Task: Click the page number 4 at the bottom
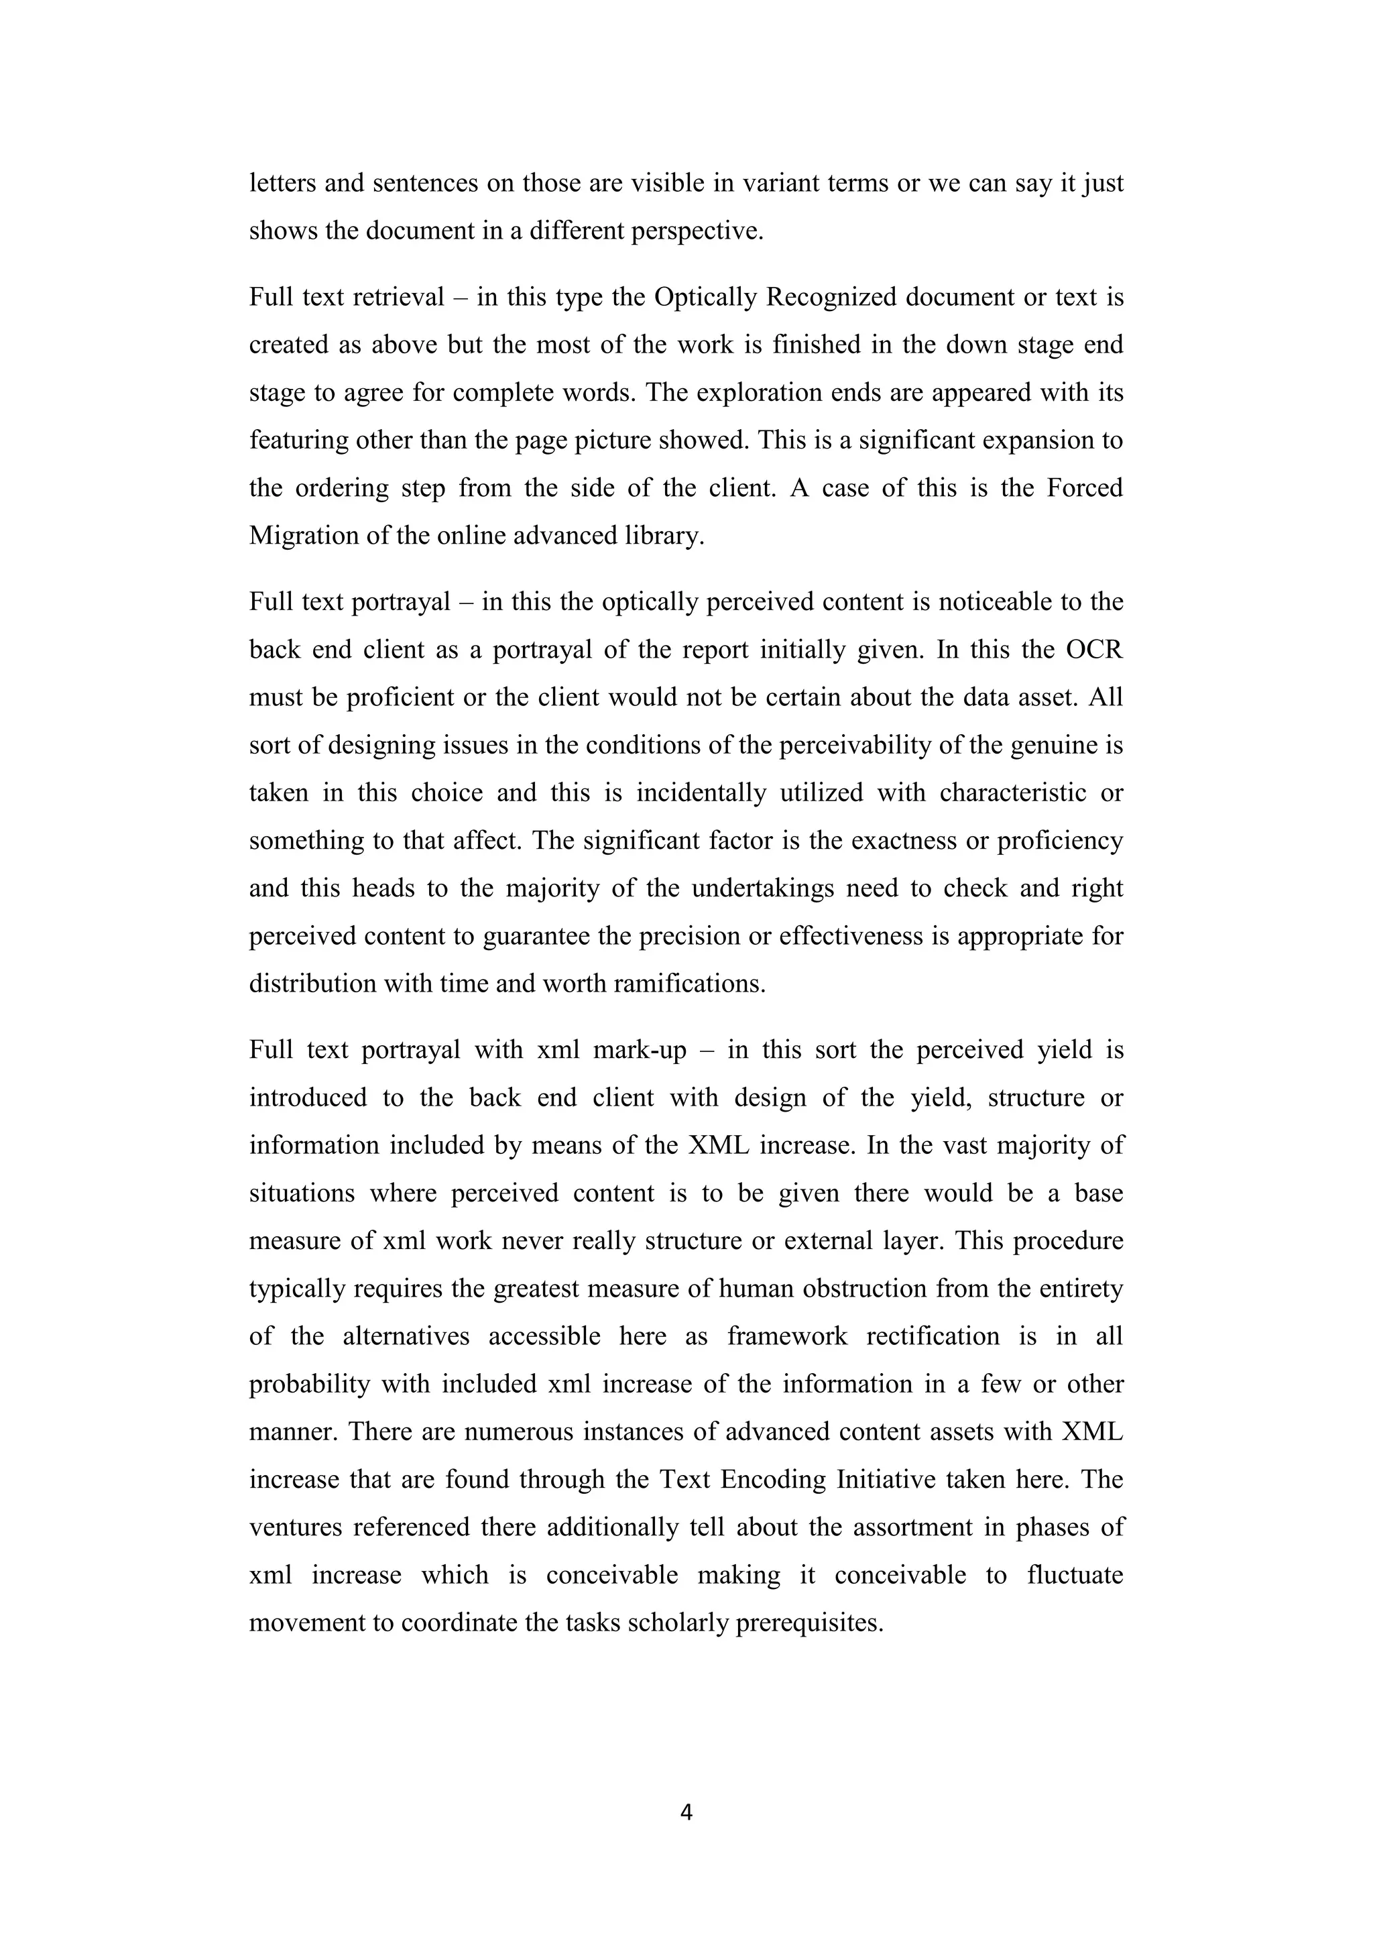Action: pos(686,1812)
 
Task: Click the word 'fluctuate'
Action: pos(1075,1575)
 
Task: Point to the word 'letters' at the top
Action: pos(282,182)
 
